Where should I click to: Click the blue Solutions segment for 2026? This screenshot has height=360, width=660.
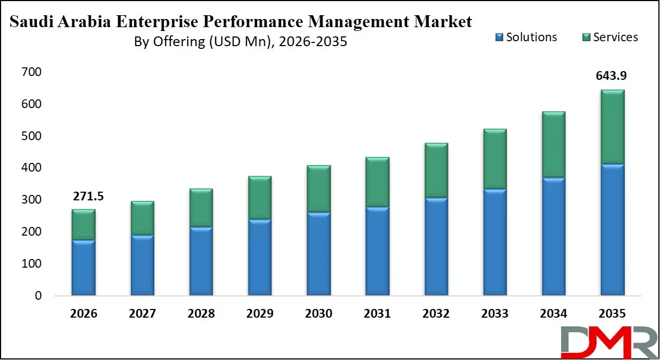pyautogui.click(x=84, y=268)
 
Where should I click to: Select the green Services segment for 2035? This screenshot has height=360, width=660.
pyautogui.click(x=613, y=127)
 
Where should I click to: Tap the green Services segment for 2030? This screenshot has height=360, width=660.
pyautogui.click(x=319, y=188)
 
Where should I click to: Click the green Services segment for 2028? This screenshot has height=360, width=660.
pyautogui.click(x=201, y=207)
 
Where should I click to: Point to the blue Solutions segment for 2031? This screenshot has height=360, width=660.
pyautogui.click(x=377, y=251)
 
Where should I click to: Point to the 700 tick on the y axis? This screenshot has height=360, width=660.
pyautogui.click(x=32, y=72)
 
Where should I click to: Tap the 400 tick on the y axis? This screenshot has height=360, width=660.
pyautogui.click(x=32, y=168)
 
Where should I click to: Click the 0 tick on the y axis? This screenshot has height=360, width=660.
pyautogui.click(x=38, y=296)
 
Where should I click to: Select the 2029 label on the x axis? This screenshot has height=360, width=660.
pyautogui.click(x=260, y=314)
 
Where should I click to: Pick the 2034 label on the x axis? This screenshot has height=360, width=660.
pyautogui.click(x=554, y=314)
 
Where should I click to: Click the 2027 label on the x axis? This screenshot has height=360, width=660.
pyautogui.click(x=142, y=314)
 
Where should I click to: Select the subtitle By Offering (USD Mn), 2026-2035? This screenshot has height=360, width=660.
pyautogui.click(x=240, y=42)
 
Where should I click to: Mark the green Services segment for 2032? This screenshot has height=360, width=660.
pyautogui.click(x=436, y=170)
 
